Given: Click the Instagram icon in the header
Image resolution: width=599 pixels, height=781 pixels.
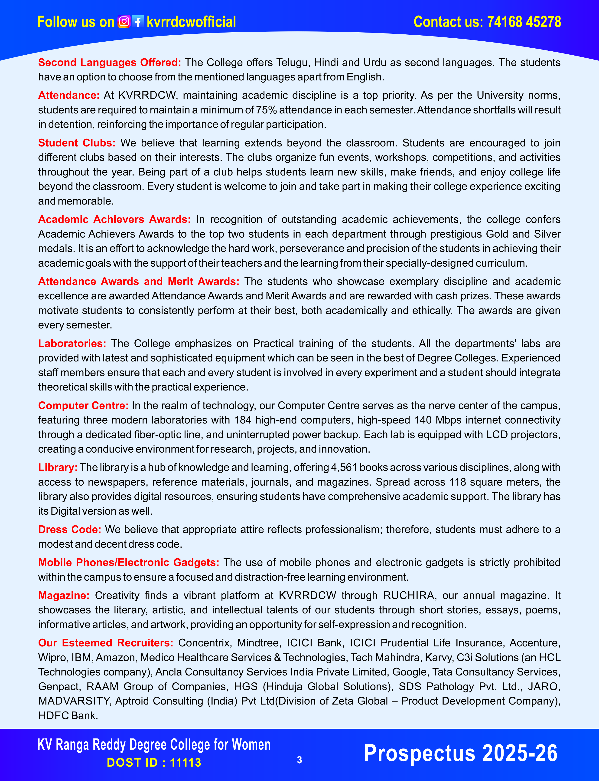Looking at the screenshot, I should point(124,22).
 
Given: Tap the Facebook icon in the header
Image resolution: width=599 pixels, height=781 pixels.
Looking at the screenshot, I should point(138,22).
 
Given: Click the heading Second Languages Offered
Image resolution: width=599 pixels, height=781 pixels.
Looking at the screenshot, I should point(109,63).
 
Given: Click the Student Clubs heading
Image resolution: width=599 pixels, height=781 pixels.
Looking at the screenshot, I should point(77,143).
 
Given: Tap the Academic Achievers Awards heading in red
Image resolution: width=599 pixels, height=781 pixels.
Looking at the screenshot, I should point(114,219).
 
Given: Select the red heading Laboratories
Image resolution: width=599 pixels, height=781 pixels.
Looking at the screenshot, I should point(72,343).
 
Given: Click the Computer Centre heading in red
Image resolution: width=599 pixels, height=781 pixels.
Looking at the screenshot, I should point(83,405).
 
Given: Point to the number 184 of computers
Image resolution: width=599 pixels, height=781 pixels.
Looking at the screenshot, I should point(243,420).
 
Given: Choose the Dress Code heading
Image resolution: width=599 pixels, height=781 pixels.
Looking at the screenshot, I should point(69,529).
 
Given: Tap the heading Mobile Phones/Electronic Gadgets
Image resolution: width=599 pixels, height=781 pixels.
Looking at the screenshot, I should point(128,563).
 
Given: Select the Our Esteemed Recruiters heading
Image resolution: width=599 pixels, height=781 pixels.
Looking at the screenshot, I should point(106,643).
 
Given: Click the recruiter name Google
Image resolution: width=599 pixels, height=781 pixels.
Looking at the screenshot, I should point(409,672).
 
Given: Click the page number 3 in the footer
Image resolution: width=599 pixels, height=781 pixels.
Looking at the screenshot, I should point(299,760).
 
